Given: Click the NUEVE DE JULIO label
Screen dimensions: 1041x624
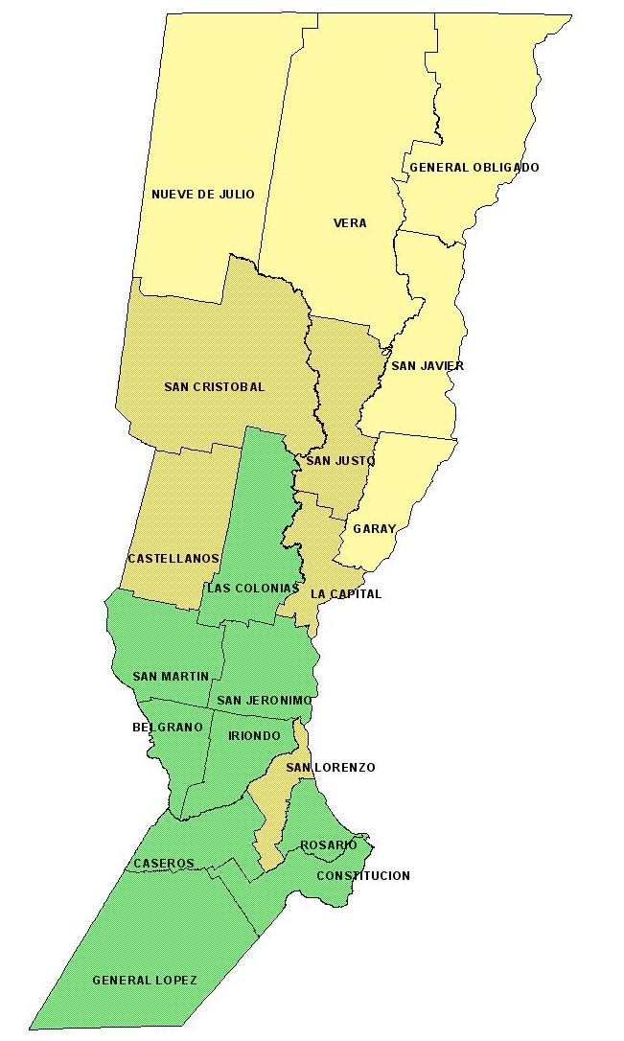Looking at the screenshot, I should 203,195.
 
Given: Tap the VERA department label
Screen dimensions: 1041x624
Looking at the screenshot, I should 350,223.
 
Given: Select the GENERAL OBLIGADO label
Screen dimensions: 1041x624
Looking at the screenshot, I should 474,168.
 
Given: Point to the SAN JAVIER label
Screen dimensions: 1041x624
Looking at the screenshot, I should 428,366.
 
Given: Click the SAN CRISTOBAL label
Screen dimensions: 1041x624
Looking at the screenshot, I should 214,387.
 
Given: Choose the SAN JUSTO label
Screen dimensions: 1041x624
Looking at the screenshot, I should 340,461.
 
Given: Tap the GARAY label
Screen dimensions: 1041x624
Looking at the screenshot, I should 374,529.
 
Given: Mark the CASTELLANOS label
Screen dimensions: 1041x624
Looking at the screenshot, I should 173,558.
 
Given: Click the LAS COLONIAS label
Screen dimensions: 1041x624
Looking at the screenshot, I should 247,589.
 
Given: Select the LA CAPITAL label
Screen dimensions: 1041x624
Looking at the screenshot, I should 346,594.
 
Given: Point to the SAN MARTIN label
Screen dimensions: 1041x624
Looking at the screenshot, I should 171,677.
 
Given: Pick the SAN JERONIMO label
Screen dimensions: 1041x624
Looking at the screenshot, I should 265,701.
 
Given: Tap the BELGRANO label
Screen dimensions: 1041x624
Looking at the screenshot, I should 168,728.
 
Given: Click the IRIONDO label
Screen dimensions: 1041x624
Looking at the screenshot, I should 254,736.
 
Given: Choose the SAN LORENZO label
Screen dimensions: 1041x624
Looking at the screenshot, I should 331,768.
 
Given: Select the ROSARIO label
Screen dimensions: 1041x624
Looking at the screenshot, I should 329,845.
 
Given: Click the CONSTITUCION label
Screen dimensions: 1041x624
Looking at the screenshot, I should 363,876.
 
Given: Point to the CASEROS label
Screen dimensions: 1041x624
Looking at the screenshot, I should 164,864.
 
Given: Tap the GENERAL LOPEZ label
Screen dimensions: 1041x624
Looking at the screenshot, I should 145,981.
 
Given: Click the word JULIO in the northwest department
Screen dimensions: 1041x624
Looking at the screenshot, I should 235,195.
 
